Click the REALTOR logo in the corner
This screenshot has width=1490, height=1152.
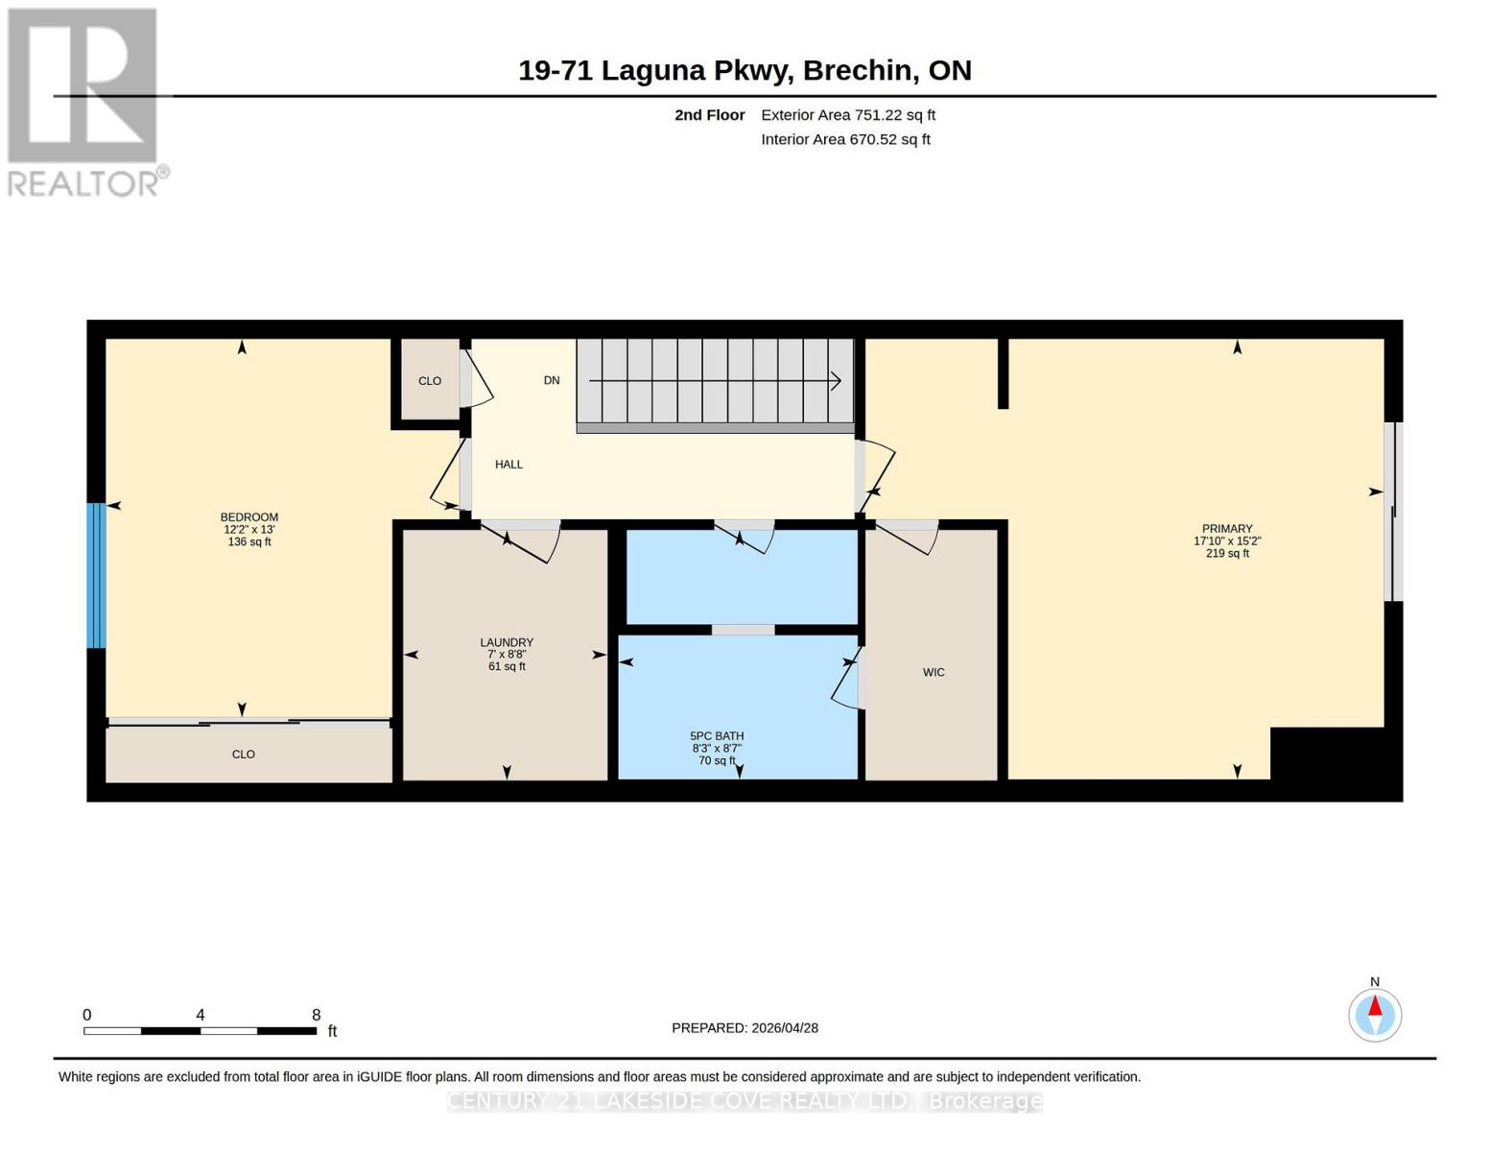coord(87,103)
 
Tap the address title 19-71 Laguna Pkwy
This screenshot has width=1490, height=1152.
coord(655,71)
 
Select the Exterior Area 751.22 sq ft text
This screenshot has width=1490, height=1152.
coord(848,115)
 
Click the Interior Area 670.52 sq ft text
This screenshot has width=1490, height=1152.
coord(845,139)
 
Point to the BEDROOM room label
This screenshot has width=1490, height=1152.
coord(248,517)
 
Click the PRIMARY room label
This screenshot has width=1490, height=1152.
coord(1227,529)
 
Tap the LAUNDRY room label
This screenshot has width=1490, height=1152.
coord(507,643)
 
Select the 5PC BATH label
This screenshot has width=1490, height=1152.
coord(717,736)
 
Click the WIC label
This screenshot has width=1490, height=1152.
coord(934,672)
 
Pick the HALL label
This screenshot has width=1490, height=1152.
coord(508,465)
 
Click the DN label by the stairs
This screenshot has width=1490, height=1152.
coord(552,380)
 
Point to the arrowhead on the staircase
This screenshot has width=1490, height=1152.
coord(836,381)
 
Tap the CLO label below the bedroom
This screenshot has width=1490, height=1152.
coord(244,755)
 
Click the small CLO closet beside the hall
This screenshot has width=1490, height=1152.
coord(430,379)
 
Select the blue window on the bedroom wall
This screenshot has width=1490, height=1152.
coord(96,575)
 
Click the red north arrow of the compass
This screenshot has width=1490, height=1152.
coord(1375,1006)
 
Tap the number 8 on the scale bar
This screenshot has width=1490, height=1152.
coord(316,1015)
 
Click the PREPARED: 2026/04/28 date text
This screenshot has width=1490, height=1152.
coord(745,1028)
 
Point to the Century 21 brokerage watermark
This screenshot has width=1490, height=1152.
coord(745,1101)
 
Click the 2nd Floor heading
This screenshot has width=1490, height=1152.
coord(710,115)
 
